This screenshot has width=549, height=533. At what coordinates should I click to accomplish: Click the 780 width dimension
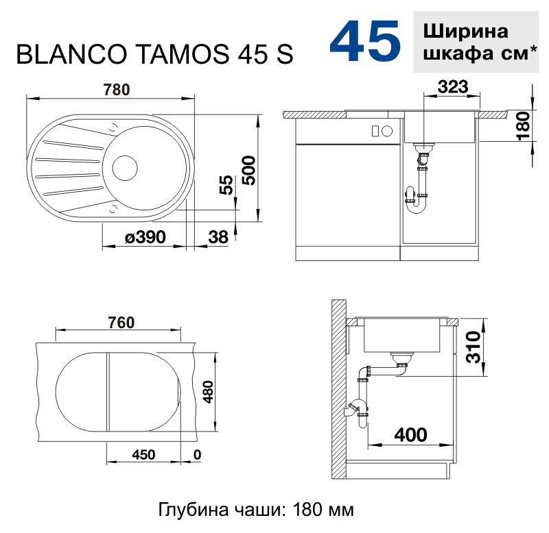(117, 90)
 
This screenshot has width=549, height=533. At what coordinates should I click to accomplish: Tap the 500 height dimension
(249, 170)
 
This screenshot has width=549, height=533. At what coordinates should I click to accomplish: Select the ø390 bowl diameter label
(145, 237)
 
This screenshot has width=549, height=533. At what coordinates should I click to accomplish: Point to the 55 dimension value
(226, 184)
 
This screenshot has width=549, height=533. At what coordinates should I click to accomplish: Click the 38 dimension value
(218, 237)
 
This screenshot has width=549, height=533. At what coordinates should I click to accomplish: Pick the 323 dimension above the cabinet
(453, 87)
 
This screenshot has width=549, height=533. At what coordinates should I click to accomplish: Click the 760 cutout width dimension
(121, 323)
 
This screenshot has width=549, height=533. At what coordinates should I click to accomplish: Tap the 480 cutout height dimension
(208, 392)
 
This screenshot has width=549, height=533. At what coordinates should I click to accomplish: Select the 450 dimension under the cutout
(143, 455)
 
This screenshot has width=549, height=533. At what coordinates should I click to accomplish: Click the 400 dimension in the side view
(410, 435)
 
